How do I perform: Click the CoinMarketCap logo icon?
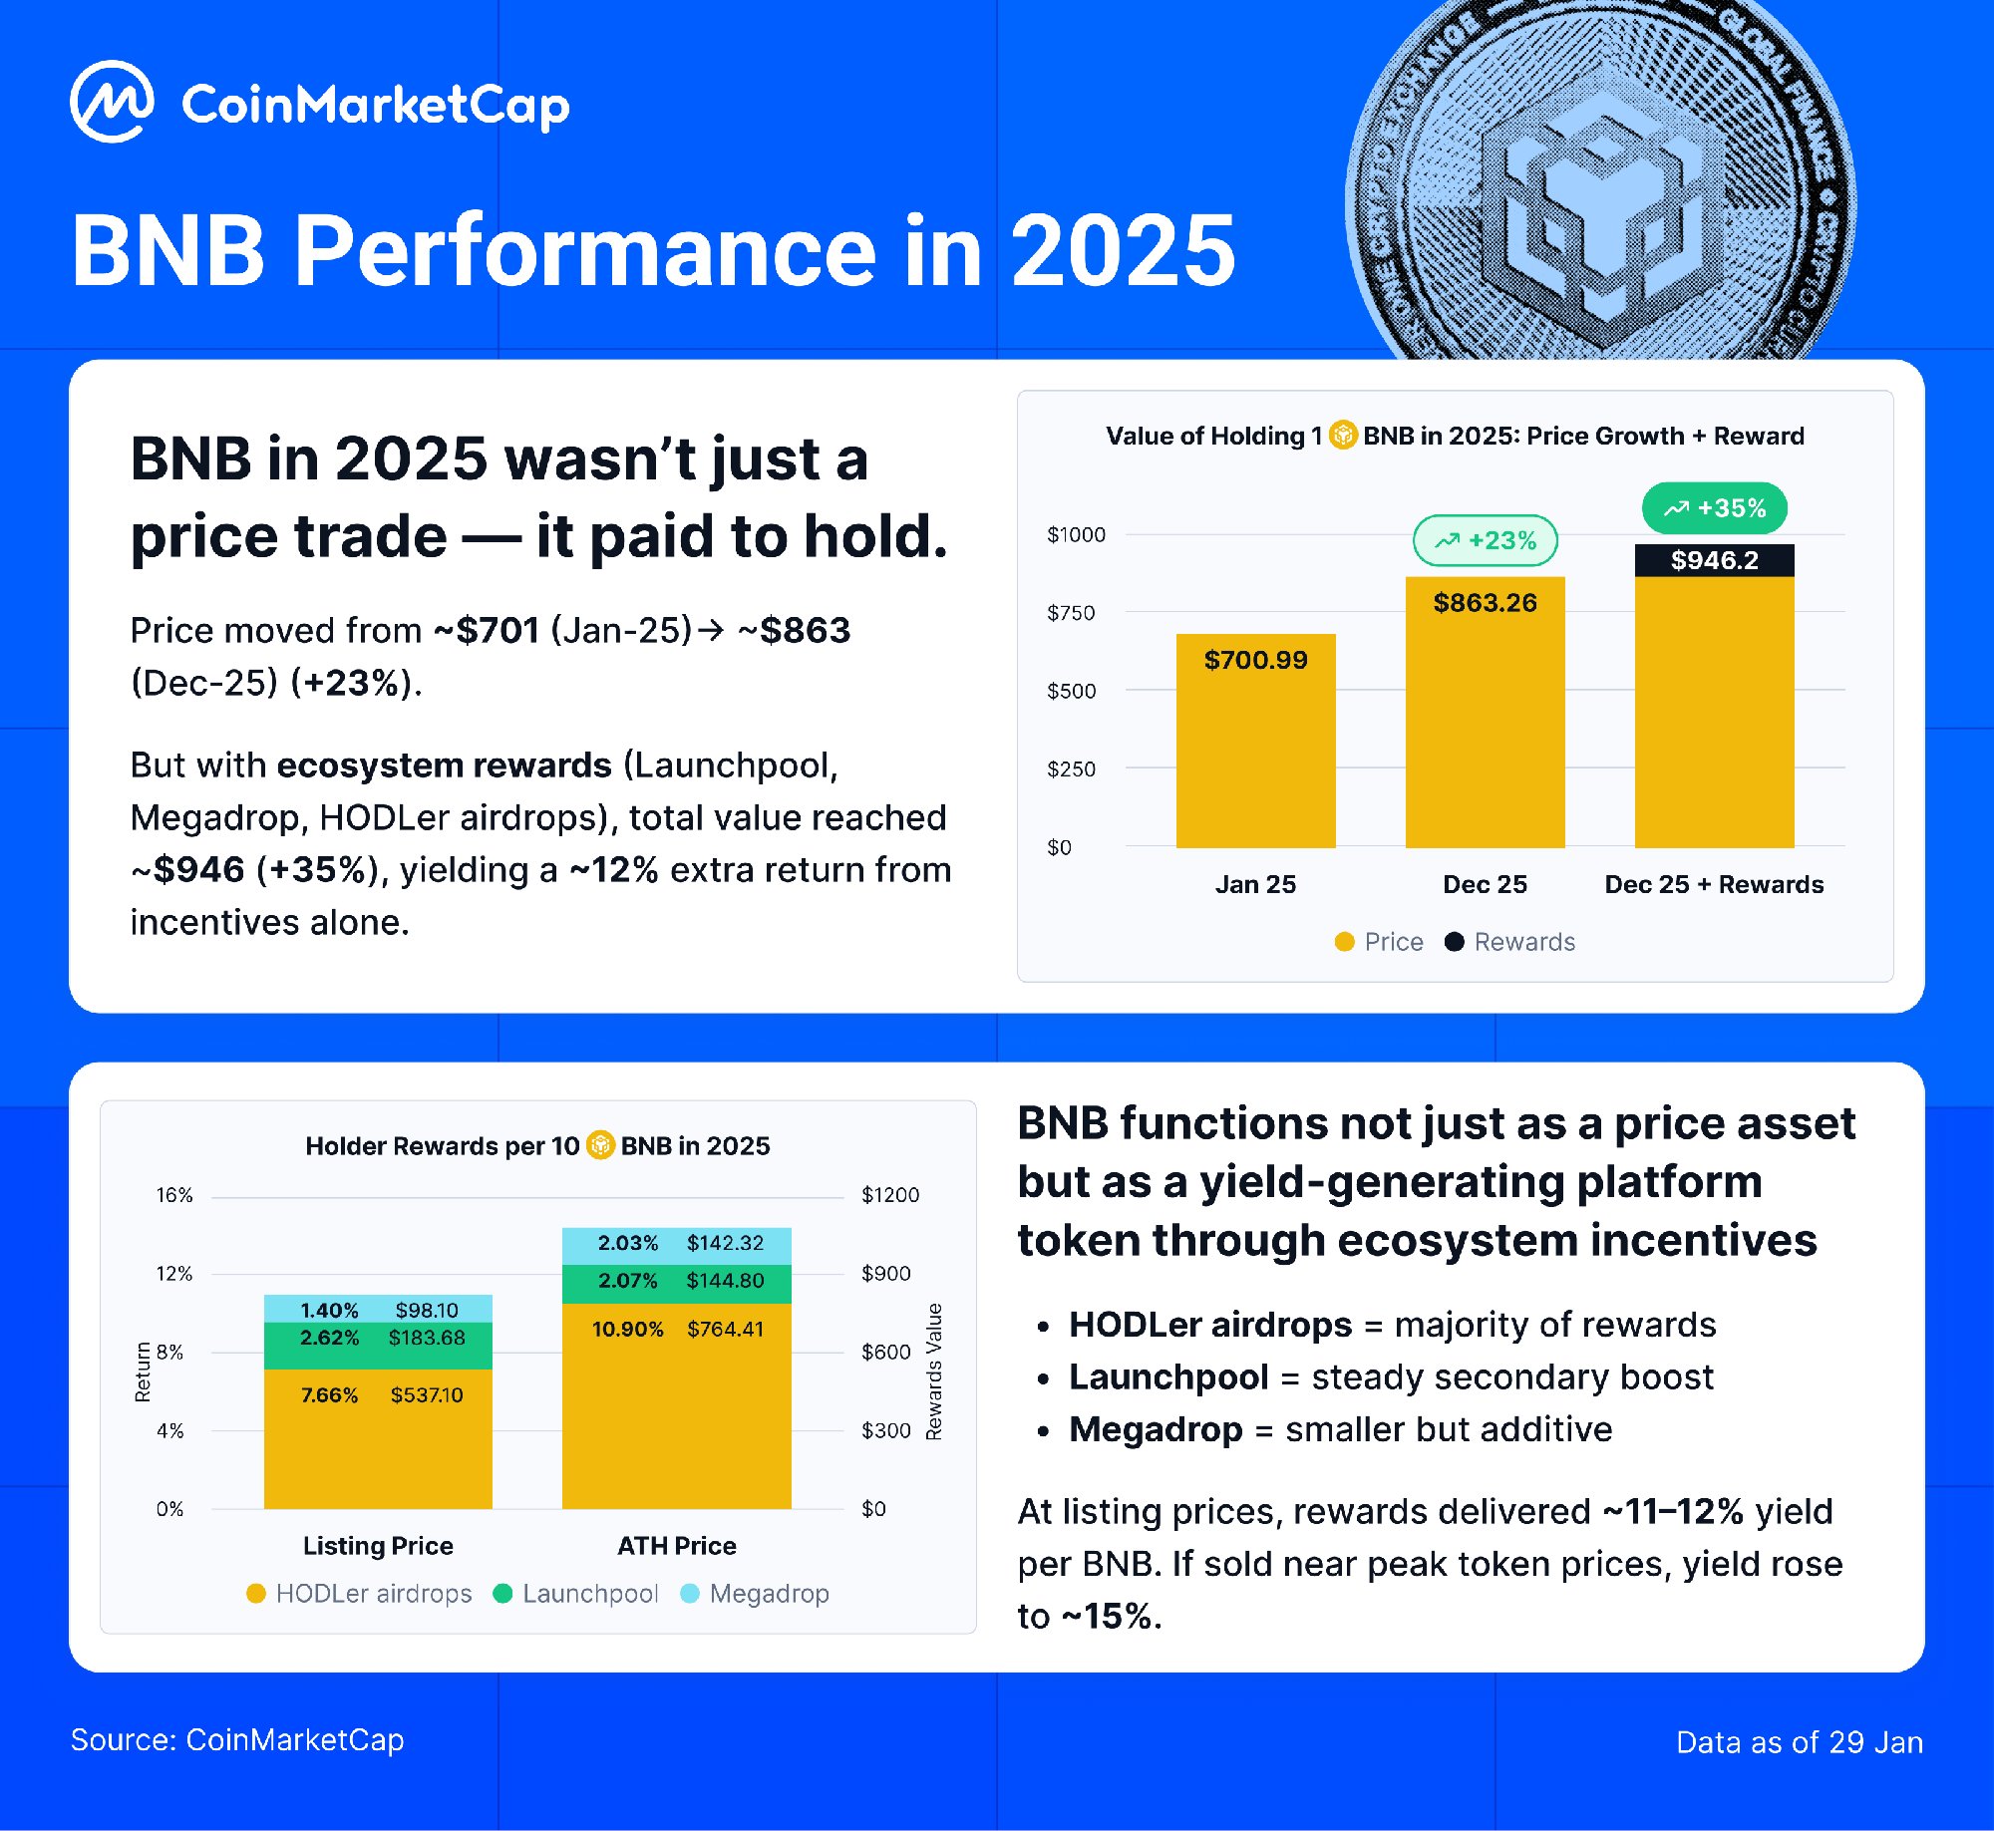112,102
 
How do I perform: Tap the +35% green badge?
1714,508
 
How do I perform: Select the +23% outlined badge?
1485,540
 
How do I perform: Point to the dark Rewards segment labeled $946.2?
1714,560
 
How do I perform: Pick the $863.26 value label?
1485,603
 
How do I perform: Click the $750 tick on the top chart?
1071,613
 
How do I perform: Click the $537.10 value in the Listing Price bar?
427,1395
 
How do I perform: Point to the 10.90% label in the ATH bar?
627,1330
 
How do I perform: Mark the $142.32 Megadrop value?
725,1243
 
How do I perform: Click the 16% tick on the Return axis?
174,1195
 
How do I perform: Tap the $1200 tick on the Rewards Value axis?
890,1195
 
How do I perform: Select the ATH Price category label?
677,1546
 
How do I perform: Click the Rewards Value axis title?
934,1371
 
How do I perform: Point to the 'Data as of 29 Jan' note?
1799,1742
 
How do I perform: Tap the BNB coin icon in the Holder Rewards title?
600,1146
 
